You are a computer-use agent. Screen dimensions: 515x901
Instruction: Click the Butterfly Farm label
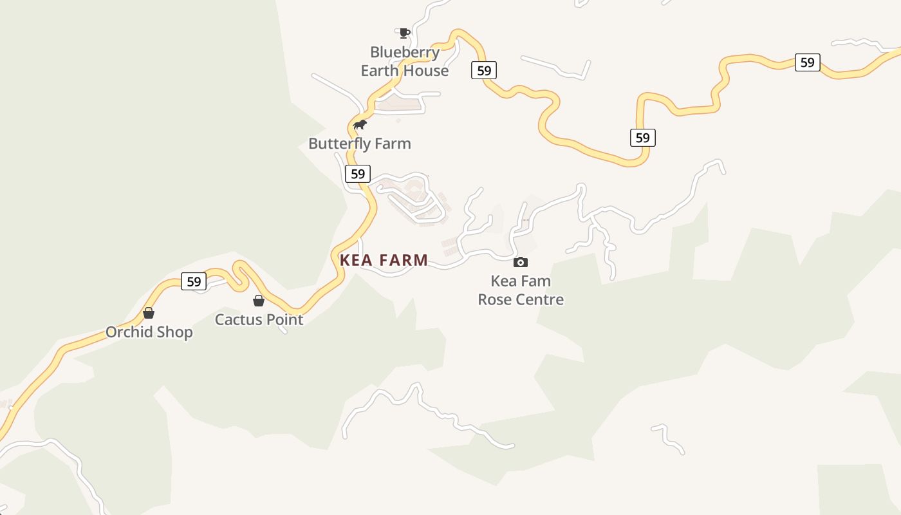point(359,144)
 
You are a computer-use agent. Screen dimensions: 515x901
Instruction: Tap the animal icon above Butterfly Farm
point(360,124)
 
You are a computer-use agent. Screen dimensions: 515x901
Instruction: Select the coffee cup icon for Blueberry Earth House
point(404,33)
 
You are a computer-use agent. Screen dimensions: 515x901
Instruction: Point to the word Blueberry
point(405,52)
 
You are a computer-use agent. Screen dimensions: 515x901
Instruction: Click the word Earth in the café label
point(380,70)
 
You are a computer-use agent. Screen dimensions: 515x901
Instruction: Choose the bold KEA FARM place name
point(384,260)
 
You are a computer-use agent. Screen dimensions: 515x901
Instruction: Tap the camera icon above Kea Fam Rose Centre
point(521,262)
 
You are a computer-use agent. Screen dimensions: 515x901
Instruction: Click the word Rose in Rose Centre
point(494,299)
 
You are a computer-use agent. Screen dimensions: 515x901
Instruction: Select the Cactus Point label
point(259,319)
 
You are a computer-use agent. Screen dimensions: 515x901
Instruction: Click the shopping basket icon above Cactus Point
point(259,301)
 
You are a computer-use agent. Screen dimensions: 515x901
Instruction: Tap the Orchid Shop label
point(149,332)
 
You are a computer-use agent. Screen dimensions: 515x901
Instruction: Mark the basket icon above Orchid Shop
point(149,313)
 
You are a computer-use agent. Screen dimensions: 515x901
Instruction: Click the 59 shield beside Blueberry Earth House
point(484,70)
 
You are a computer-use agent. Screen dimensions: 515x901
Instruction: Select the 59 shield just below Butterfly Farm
point(358,173)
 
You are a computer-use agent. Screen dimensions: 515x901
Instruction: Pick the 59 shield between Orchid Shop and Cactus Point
point(194,281)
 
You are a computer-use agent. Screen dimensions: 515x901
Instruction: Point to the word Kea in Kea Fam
point(503,281)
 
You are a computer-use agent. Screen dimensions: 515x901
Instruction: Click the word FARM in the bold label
point(404,260)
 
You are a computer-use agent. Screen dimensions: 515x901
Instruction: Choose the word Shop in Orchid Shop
point(176,332)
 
